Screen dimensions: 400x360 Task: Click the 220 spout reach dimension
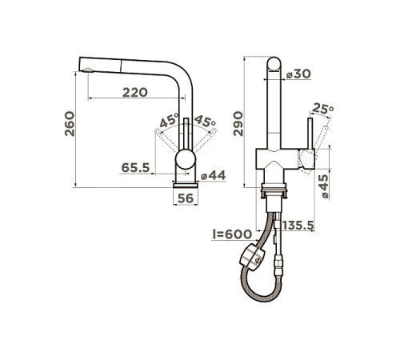click(x=135, y=92)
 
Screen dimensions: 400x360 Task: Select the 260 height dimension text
click(x=70, y=124)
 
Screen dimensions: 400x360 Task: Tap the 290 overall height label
click(x=238, y=124)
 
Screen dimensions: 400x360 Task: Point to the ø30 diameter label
click(x=298, y=74)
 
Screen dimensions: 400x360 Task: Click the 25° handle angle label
click(x=323, y=109)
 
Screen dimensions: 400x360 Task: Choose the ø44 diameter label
click(x=214, y=175)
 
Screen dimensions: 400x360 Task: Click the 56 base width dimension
click(x=186, y=198)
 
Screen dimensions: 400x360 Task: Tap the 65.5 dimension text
click(x=135, y=167)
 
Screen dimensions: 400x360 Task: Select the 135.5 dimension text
click(x=298, y=226)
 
